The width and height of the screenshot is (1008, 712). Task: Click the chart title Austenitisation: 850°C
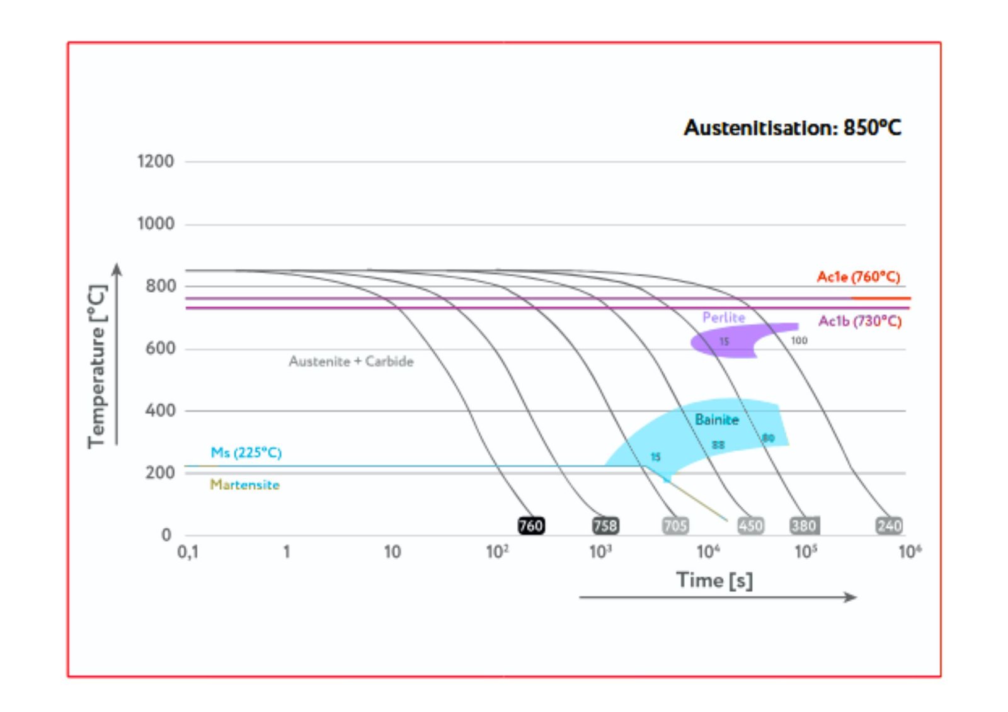point(792,128)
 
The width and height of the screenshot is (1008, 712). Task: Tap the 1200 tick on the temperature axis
point(156,162)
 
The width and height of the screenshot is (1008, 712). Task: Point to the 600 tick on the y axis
point(160,349)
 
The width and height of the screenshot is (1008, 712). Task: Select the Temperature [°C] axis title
point(97,366)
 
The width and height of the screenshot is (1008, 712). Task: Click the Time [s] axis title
point(714,580)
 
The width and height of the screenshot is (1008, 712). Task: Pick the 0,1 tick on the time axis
point(188,553)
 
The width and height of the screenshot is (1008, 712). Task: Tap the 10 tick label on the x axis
point(392,553)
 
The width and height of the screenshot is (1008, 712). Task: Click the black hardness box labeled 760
point(530,526)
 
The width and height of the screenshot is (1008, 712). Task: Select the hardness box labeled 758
point(605,526)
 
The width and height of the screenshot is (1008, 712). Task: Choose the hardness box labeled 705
point(675,526)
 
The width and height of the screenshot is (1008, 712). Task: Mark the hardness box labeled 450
point(750,526)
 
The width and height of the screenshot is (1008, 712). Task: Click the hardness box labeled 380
point(804,526)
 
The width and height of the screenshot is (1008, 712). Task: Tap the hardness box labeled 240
point(889,526)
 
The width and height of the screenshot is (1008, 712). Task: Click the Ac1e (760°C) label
point(858,277)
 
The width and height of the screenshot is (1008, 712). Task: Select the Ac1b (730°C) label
point(859,322)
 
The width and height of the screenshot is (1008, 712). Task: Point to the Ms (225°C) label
point(246,453)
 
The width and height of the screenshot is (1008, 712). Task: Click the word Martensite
point(244,485)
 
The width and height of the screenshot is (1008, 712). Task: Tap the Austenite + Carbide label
point(351,361)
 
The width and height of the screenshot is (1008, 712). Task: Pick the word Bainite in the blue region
point(716,420)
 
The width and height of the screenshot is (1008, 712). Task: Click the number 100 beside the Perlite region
point(799,341)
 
